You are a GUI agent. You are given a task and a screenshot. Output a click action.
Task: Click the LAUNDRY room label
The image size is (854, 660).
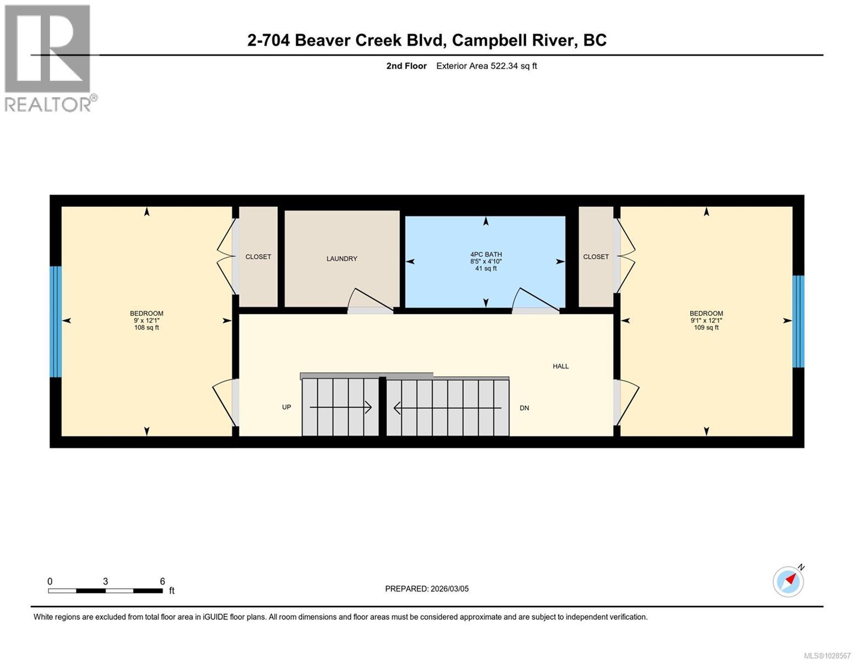(341, 258)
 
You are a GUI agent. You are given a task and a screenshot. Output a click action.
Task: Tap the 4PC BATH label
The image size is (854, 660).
(486, 255)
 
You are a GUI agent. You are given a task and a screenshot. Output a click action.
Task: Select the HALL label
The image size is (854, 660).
(560, 366)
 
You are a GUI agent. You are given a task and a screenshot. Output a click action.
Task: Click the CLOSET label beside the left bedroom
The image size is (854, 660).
(258, 257)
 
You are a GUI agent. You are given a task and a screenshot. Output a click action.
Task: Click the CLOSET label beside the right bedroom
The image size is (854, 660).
(596, 257)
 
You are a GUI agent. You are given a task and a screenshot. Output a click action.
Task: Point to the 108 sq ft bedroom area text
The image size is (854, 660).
(146, 328)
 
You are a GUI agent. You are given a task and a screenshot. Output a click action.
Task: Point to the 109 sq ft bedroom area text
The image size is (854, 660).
(706, 328)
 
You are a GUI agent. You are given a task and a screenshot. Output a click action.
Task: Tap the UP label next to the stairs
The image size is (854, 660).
(286, 408)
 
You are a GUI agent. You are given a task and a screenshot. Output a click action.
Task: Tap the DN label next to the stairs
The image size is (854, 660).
(524, 408)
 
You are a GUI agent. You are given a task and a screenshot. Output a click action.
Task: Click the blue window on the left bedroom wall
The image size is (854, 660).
(56, 322)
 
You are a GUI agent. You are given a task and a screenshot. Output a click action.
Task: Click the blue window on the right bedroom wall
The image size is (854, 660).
(798, 321)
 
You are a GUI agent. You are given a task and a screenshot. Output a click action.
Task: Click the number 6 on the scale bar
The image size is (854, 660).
(162, 581)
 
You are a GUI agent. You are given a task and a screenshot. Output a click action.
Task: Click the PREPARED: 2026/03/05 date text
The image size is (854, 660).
(427, 589)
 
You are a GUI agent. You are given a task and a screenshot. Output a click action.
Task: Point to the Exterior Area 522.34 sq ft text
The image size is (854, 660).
(486, 66)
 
